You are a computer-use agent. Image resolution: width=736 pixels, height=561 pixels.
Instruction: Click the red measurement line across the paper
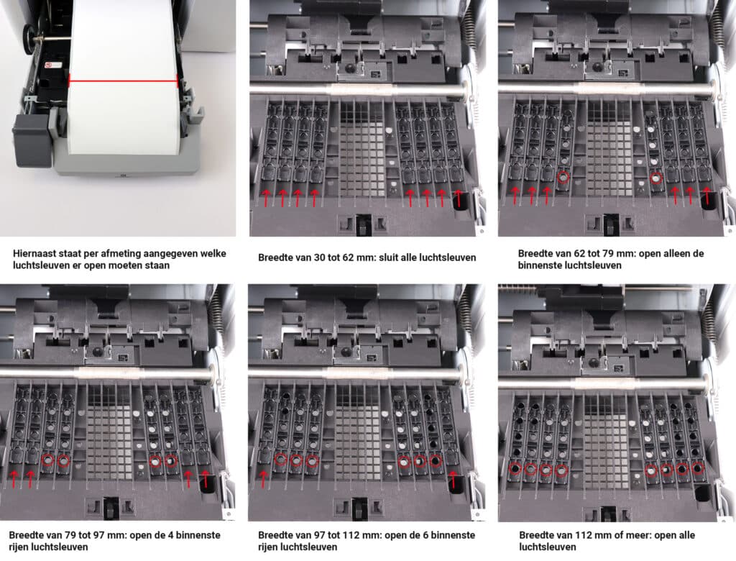click(123, 81)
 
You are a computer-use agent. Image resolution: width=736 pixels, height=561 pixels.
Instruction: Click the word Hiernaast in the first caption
click(33, 253)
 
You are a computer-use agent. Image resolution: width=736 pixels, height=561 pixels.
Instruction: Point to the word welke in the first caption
click(213, 253)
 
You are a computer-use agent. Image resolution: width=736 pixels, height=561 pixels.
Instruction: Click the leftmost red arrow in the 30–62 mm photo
click(267, 197)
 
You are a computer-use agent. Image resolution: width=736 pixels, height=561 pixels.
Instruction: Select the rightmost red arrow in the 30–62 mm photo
click(459, 198)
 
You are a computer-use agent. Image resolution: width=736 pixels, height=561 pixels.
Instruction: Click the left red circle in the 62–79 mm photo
click(563, 177)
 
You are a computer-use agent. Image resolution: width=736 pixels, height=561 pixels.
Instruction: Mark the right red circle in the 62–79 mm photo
click(655, 178)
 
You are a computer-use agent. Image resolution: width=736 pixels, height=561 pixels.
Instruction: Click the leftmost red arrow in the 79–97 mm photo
click(14, 478)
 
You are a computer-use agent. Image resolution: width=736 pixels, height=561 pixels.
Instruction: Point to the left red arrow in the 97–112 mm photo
click(264, 478)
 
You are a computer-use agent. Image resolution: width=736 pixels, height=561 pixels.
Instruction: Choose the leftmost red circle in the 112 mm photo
click(515, 468)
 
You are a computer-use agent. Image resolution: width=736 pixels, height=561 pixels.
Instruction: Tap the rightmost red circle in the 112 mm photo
click(697, 468)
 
